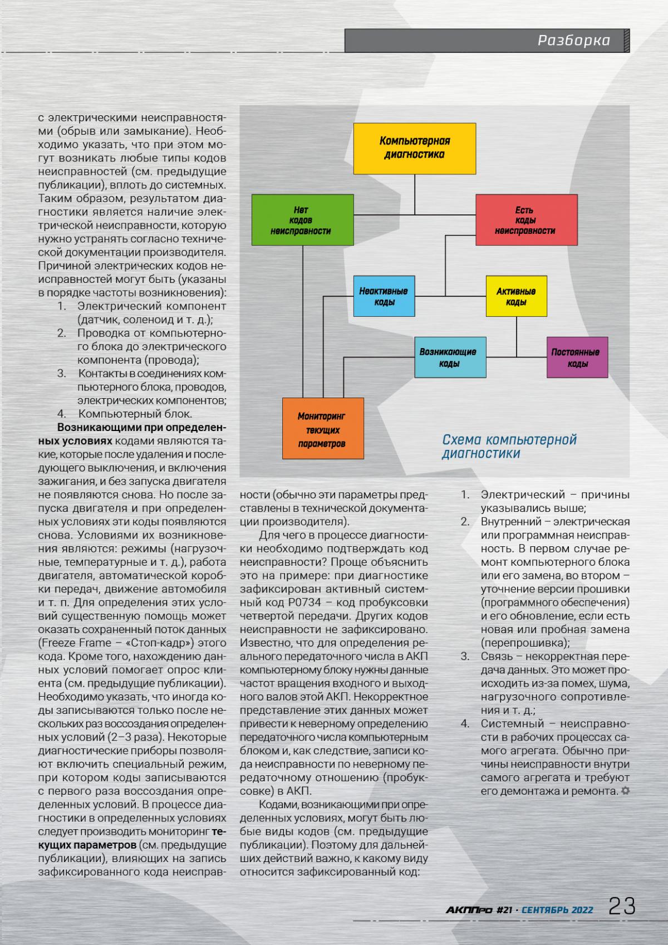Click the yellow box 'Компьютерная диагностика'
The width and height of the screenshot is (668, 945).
(415, 148)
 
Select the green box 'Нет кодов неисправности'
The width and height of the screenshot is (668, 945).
(302, 220)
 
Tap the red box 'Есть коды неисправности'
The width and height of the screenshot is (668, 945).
(526, 220)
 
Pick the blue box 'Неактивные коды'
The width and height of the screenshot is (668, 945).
(384, 296)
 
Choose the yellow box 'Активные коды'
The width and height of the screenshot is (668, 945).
(517, 296)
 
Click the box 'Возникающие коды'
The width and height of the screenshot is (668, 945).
(450, 358)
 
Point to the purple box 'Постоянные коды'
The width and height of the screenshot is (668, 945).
(577, 358)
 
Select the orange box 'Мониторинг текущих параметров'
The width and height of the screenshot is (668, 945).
(322, 429)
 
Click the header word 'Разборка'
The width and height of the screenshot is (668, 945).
(573, 41)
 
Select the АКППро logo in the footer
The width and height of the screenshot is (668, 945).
(469, 910)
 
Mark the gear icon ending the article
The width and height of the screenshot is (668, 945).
(625, 790)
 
